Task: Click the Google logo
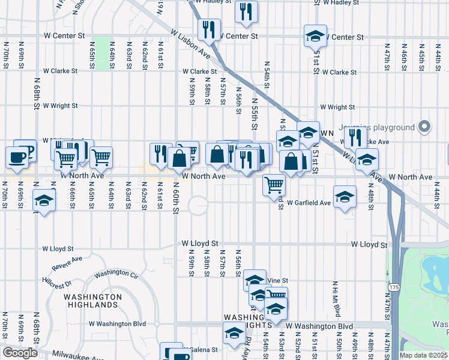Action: pyautogui.click(x=20, y=353)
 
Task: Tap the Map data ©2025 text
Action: pyautogui.click(x=423, y=355)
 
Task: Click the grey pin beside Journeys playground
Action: pyautogui.click(x=425, y=127)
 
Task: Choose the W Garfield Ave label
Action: pyautogui.click(x=309, y=203)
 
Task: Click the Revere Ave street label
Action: pyautogui.click(x=67, y=263)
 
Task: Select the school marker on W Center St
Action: pyautogui.click(x=315, y=36)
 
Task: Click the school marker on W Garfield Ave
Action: pyautogui.click(x=345, y=196)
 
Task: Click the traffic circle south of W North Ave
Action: pyautogui.click(x=198, y=206)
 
